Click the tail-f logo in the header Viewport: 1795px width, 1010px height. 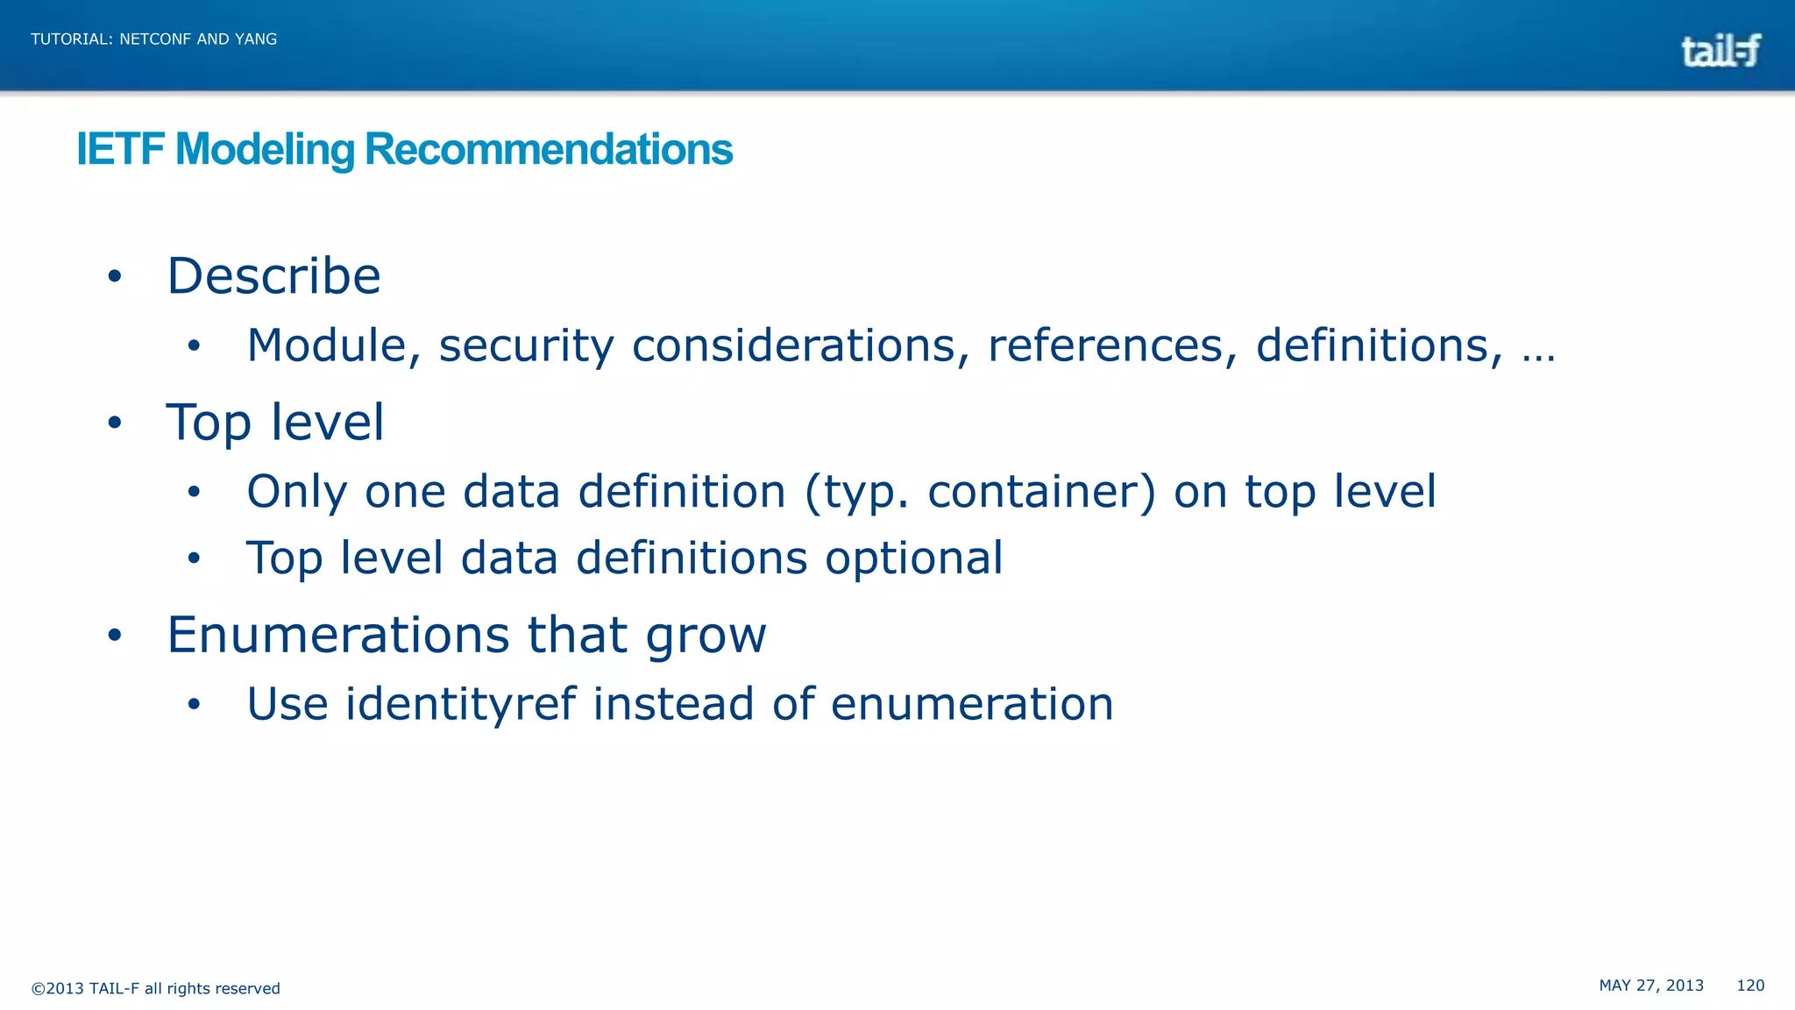pyautogui.click(x=1720, y=50)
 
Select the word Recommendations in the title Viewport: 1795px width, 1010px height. pyautogui.click(x=548, y=149)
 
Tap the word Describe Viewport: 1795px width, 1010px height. pyautogui.click(x=273, y=276)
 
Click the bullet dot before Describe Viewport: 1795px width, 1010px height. pyautogui.click(x=115, y=277)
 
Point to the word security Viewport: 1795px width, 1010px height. pyautogui.click(x=526, y=345)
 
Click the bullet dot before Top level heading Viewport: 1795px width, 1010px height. pyautogui.click(x=115, y=423)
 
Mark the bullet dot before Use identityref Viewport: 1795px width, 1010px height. pyautogui.click(x=194, y=704)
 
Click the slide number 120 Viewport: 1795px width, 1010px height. pyautogui.click(x=1750, y=985)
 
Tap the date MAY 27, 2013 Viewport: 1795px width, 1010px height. pyautogui.click(x=1651, y=985)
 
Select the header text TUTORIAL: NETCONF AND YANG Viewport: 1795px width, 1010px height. pyautogui.click(x=153, y=39)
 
